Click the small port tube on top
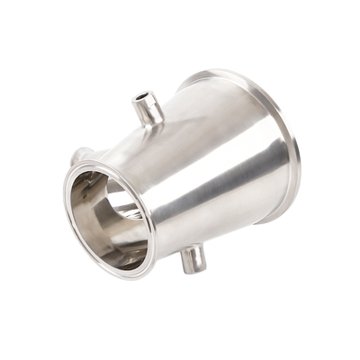pyautogui.click(x=147, y=108)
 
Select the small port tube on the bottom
pyautogui.click(x=193, y=259)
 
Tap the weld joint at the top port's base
pyautogui.click(x=151, y=123)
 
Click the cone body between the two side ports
pyautogui.click(x=180, y=180)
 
